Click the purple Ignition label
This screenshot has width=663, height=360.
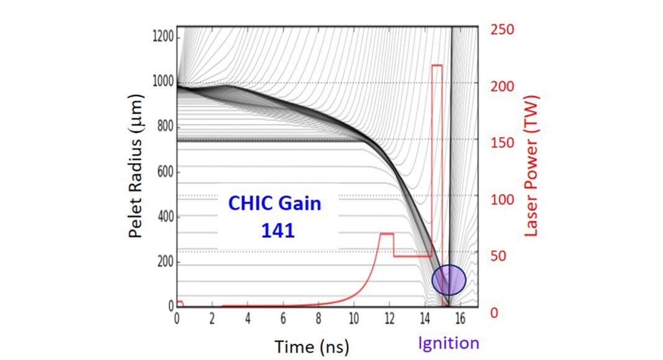[449, 343]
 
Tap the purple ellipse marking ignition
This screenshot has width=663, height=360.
[449, 280]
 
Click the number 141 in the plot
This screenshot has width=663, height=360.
[277, 231]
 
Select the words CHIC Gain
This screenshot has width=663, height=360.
[275, 203]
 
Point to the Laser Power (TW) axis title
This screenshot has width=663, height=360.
[531, 166]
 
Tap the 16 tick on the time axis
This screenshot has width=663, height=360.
[459, 318]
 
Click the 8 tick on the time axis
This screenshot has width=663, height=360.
[318, 318]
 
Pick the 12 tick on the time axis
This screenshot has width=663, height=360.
[389, 318]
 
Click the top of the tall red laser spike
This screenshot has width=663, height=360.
[437, 65]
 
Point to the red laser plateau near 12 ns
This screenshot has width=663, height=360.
[387, 234]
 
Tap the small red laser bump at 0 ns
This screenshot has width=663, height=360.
[179, 302]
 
